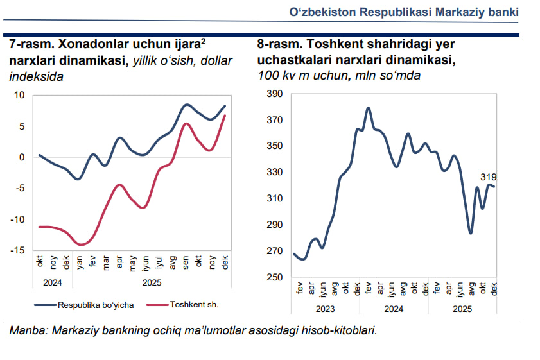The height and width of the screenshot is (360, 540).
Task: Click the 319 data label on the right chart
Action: pos(488,177)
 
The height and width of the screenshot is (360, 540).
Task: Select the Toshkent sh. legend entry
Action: pos(195,305)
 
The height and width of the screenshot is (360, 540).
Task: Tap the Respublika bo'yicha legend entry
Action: pos(96,305)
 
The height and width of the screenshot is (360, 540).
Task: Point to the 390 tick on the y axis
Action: pos(274,94)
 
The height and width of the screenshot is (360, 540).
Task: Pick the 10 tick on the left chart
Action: pos(19,95)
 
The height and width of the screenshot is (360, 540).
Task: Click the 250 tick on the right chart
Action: pos(274,277)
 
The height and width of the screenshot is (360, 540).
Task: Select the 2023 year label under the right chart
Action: pos(325,309)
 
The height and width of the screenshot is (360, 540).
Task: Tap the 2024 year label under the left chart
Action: pos(53,282)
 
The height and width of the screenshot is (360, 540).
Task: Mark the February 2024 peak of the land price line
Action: pos(369,108)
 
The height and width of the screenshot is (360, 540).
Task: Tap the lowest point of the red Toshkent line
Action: pos(81,244)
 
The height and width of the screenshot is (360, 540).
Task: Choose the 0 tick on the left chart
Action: pos(22,157)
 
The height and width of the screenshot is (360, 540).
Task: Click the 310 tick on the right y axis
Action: pos(274,199)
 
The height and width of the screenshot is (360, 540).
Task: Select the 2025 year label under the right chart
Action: pos(460,309)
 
